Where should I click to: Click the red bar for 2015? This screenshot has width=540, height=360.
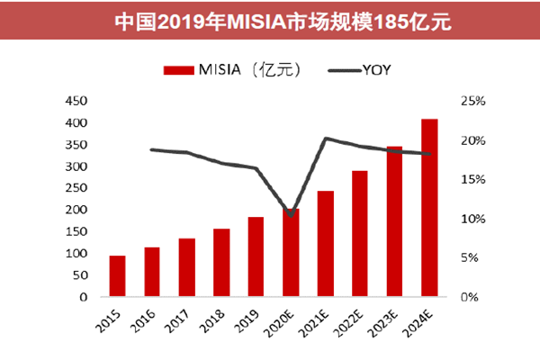point(117,276)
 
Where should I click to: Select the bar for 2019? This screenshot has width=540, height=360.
point(255,256)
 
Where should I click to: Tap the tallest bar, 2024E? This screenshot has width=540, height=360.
point(429,208)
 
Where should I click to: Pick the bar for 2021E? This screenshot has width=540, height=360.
point(325,244)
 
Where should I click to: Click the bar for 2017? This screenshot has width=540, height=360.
point(186,267)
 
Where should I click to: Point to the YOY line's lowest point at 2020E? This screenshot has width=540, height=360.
point(290,215)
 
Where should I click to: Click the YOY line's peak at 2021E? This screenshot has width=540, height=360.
point(325,139)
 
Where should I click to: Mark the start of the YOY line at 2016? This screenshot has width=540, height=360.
point(152,149)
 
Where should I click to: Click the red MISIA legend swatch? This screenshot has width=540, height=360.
point(179,69)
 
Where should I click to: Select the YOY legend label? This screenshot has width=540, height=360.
point(375,69)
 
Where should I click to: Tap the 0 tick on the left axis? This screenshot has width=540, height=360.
point(83,297)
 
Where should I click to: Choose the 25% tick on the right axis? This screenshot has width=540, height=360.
point(471,101)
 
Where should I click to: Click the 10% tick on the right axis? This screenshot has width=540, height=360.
point(471,219)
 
